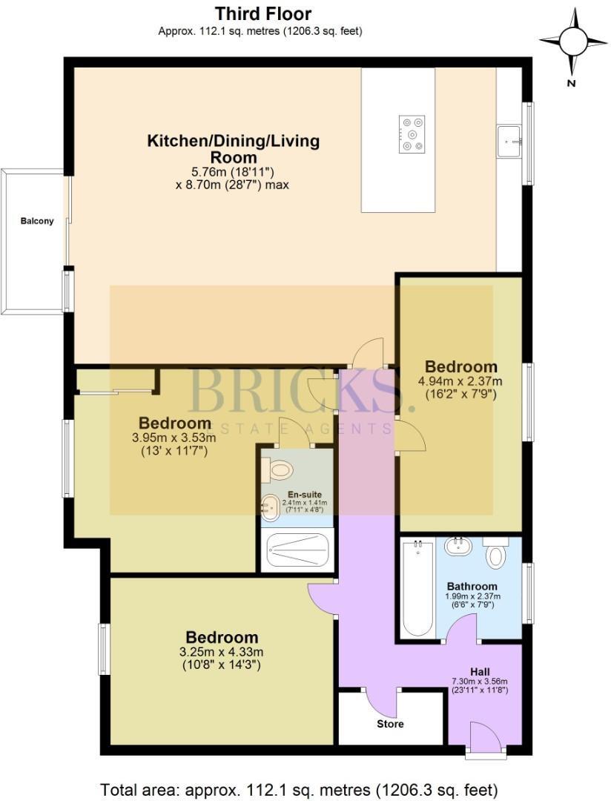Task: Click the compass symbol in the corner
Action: pyautogui.click(x=572, y=42)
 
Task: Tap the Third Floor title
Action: pyautogui.click(x=263, y=13)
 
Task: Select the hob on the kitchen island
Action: pyautogui.click(x=412, y=134)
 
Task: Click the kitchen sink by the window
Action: pyautogui.click(x=510, y=138)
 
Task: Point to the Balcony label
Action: pyautogui.click(x=37, y=221)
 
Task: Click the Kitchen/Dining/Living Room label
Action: pyautogui.click(x=234, y=148)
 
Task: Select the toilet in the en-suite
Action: pyautogui.click(x=279, y=469)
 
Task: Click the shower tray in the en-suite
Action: pyautogui.click(x=297, y=551)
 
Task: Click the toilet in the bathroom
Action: pyautogui.click(x=495, y=553)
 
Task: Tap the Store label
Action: pyautogui.click(x=390, y=723)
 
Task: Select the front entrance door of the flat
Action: pyautogui.click(x=486, y=737)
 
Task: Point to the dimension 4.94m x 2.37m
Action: pyautogui.click(x=460, y=382)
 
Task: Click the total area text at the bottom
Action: pyautogui.click(x=299, y=788)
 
